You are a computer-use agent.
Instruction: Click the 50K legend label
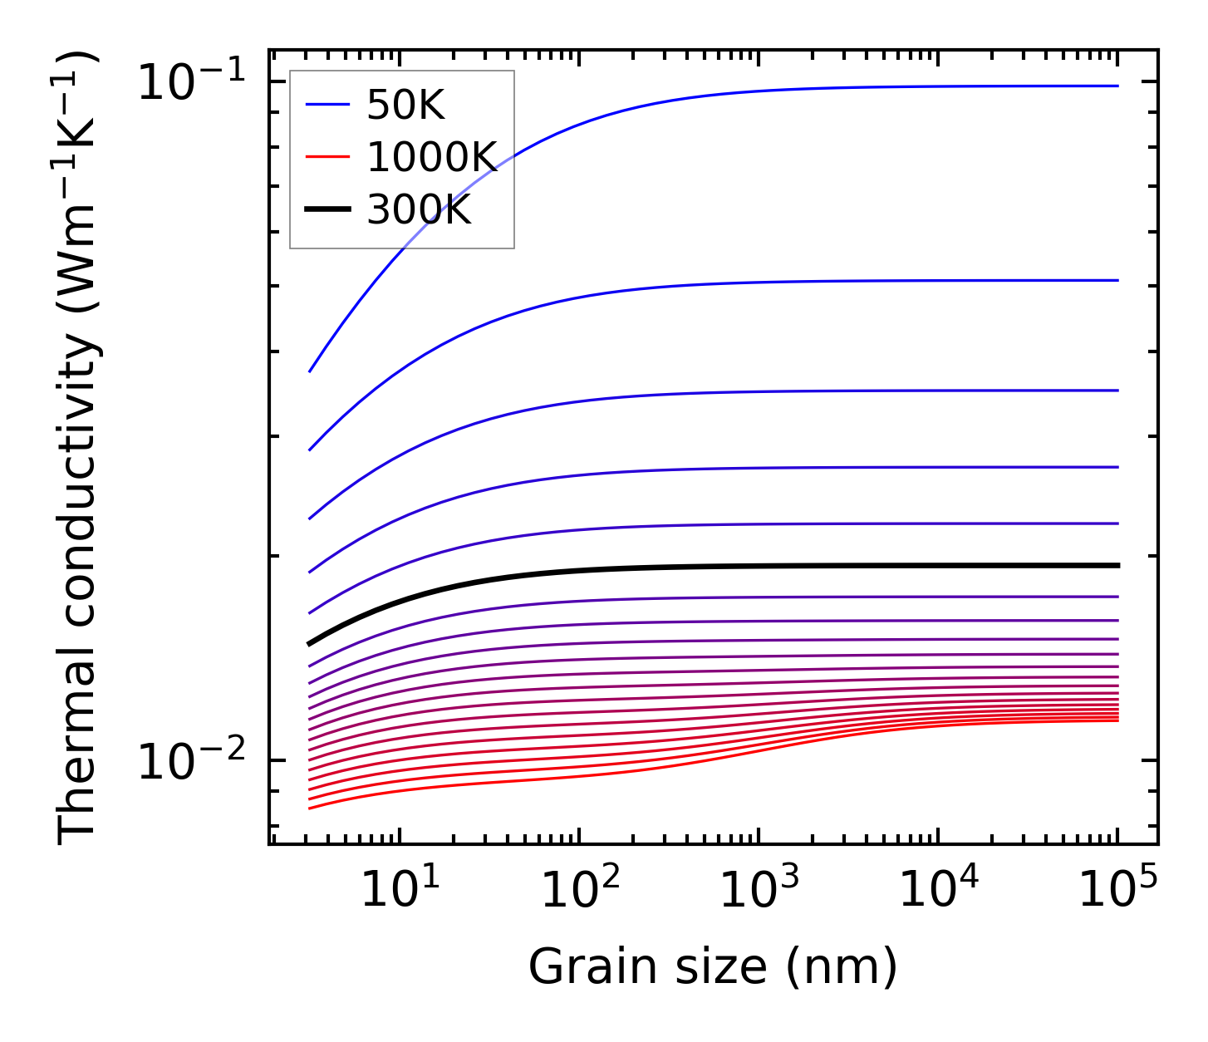pyautogui.click(x=405, y=106)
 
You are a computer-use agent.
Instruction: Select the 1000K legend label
pyautogui.click(x=431, y=157)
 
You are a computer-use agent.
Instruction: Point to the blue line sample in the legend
pyautogui.click(x=327, y=105)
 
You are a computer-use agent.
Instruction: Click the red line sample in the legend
pyautogui.click(x=327, y=157)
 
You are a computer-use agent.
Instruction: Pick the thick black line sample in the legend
pyautogui.click(x=327, y=209)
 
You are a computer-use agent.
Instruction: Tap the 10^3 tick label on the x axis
pyautogui.click(x=759, y=891)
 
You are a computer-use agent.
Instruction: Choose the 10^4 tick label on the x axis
pyautogui.click(x=938, y=891)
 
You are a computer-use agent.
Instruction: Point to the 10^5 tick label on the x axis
pyautogui.click(x=1117, y=891)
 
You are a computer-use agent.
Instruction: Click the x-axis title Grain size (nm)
pyautogui.click(x=713, y=967)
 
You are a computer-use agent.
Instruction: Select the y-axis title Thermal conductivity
pyautogui.click(x=79, y=449)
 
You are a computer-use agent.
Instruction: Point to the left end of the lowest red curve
pyautogui.click(x=310, y=808)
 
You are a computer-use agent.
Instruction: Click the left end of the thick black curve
pyautogui.click(x=310, y=643)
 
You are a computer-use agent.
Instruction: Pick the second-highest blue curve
pyautogui.click(x=748, y=283)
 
